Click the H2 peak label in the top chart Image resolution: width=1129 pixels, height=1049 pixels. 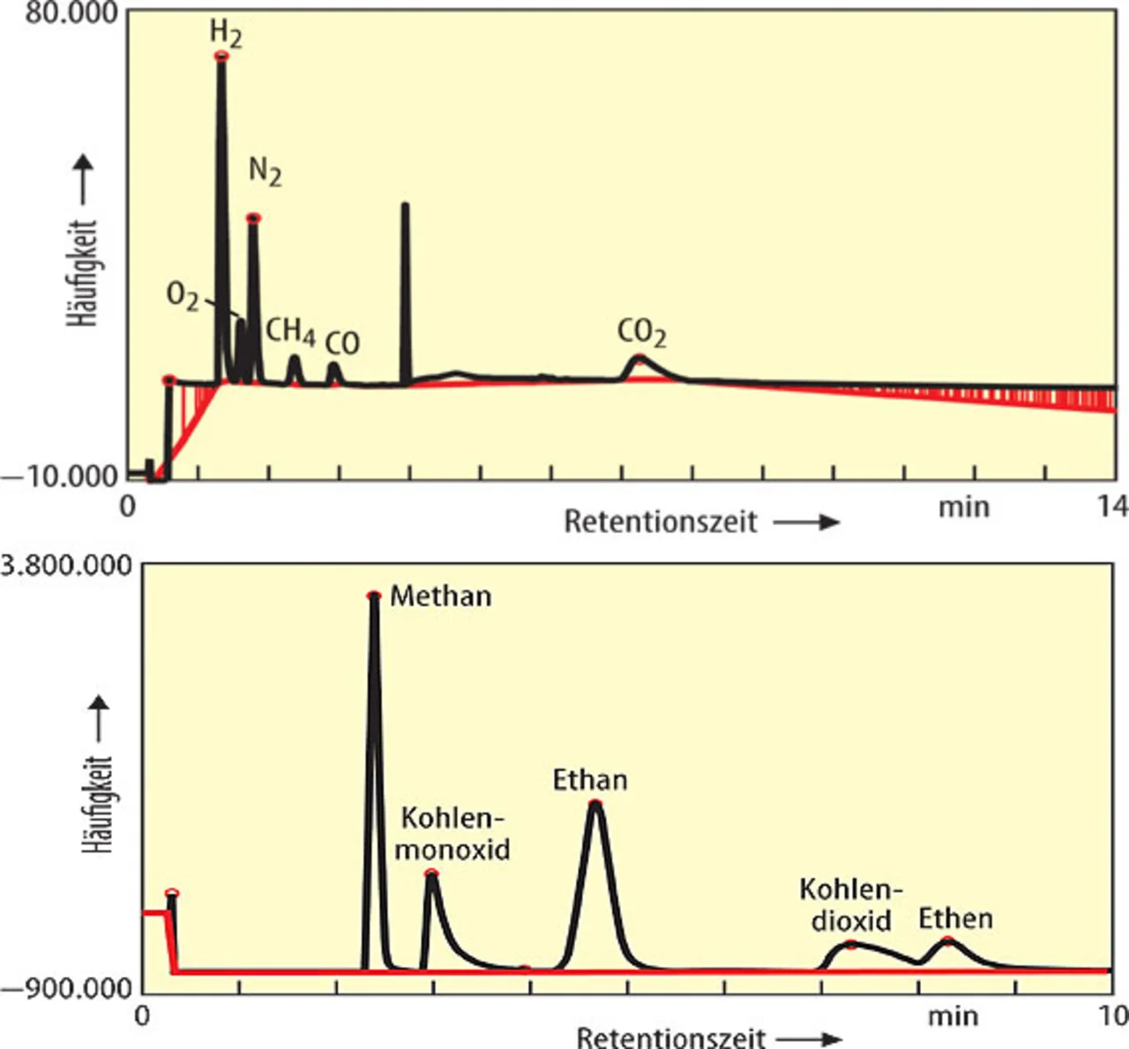(x=226, y=33)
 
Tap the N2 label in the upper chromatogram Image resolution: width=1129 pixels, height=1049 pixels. (x=265, y=170)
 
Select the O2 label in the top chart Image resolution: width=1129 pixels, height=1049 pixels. (x=183, y=295)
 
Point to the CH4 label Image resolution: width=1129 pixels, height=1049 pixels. (x=290, y=331)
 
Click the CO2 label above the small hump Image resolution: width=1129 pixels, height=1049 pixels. (x=641, y=332)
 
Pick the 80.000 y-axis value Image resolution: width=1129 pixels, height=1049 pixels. (x=71, y=13)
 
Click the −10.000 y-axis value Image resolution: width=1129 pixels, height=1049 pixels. (x=60, y=476)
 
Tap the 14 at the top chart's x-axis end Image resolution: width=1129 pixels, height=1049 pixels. (x=1113, y=506)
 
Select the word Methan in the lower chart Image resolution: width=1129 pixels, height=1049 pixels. (x=440, y=596)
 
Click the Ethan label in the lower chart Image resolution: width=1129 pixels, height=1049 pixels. (x=590, y=780)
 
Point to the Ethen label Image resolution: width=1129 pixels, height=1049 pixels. (x=955, y=919)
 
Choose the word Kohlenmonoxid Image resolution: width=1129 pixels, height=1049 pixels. (x=452, y=833)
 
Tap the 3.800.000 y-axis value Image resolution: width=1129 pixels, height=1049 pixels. (x=66, y=565)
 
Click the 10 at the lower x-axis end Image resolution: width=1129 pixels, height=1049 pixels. (x=1113, y=1016)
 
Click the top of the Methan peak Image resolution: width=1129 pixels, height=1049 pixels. (x=374, y=597)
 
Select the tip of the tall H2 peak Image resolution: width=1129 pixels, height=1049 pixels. (x=221, y=56)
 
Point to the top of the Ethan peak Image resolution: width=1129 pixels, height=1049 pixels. (x=595, y=803)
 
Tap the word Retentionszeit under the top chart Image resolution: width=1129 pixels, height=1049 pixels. (x=661, y=522)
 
